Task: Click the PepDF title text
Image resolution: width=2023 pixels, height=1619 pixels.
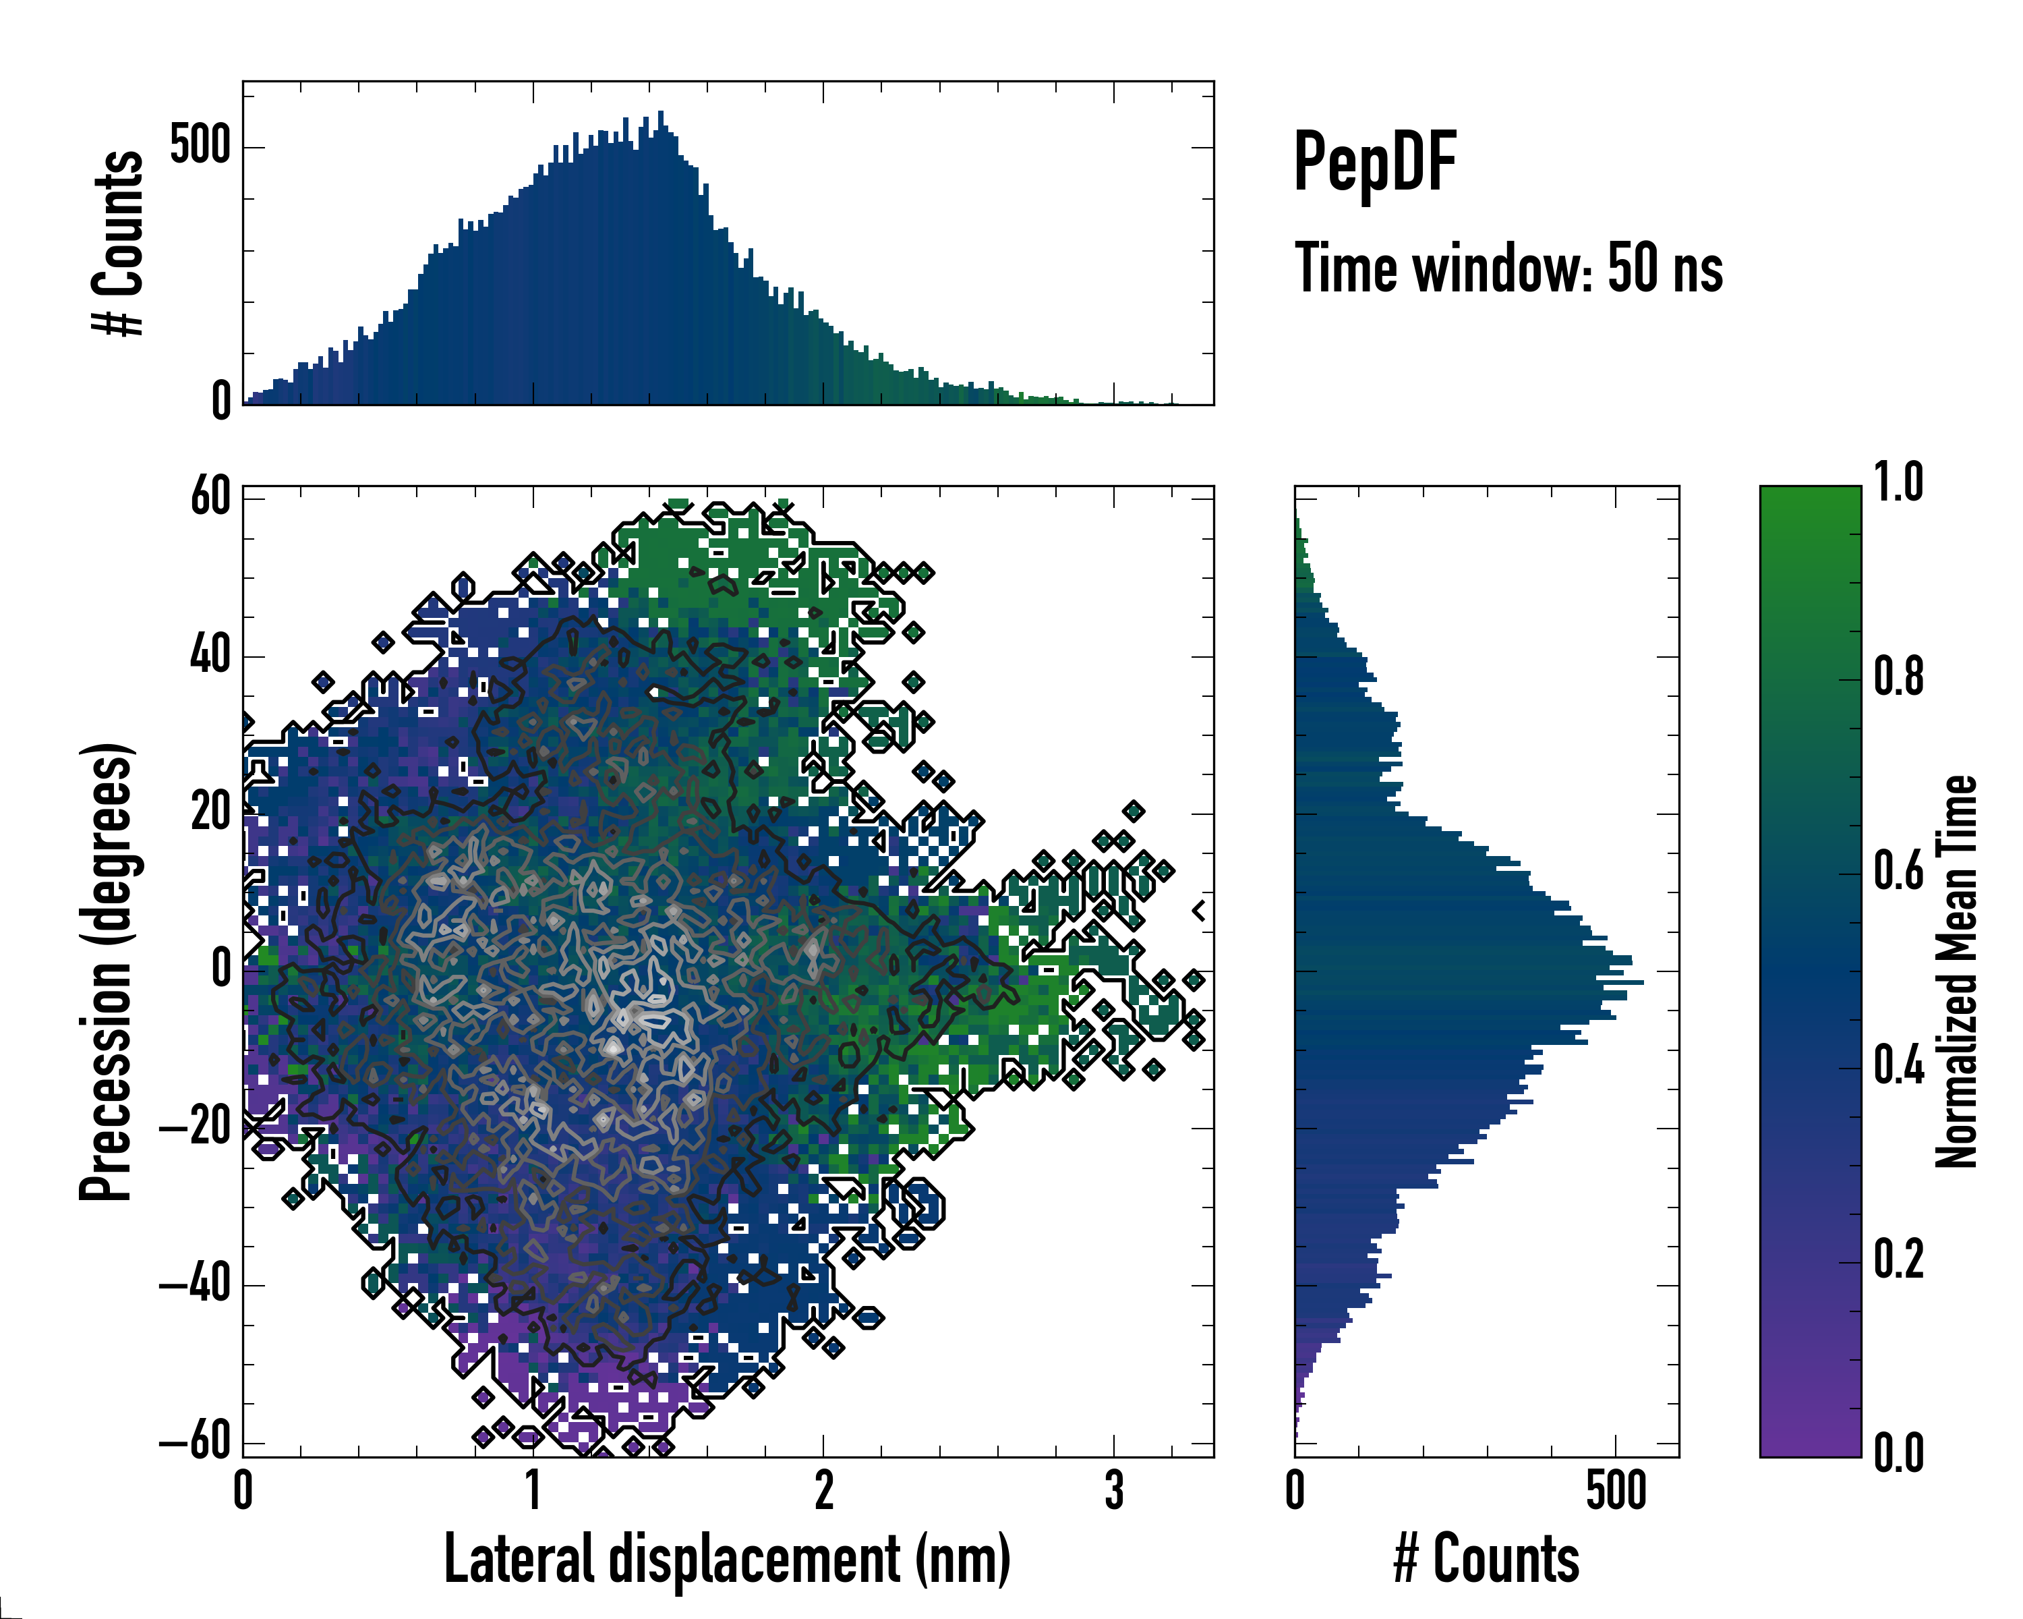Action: (1374, 163)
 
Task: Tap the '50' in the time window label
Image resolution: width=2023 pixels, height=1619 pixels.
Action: (1637, 268)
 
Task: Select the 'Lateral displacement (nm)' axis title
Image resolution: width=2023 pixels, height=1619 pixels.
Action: (727, 1559)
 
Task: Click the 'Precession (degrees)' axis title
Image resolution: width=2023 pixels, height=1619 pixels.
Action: (106, 972)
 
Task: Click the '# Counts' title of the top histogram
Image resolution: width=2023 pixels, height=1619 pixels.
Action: (118, 243)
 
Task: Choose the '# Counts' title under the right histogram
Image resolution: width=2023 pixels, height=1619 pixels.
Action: (1486, 1559)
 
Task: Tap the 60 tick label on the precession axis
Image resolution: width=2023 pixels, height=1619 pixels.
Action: (211, 496)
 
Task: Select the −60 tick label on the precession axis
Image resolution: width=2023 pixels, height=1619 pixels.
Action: (195, 1441)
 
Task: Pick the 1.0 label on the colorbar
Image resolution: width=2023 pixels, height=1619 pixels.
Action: (1898, 482)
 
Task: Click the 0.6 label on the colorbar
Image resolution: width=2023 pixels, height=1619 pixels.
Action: (1898, 871)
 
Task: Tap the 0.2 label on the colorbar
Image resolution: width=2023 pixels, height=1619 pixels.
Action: (1898, 1259)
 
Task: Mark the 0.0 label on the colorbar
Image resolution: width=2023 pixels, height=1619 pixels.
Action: (1898, 1454)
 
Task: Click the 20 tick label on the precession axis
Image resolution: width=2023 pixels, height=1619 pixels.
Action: (211, 812)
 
